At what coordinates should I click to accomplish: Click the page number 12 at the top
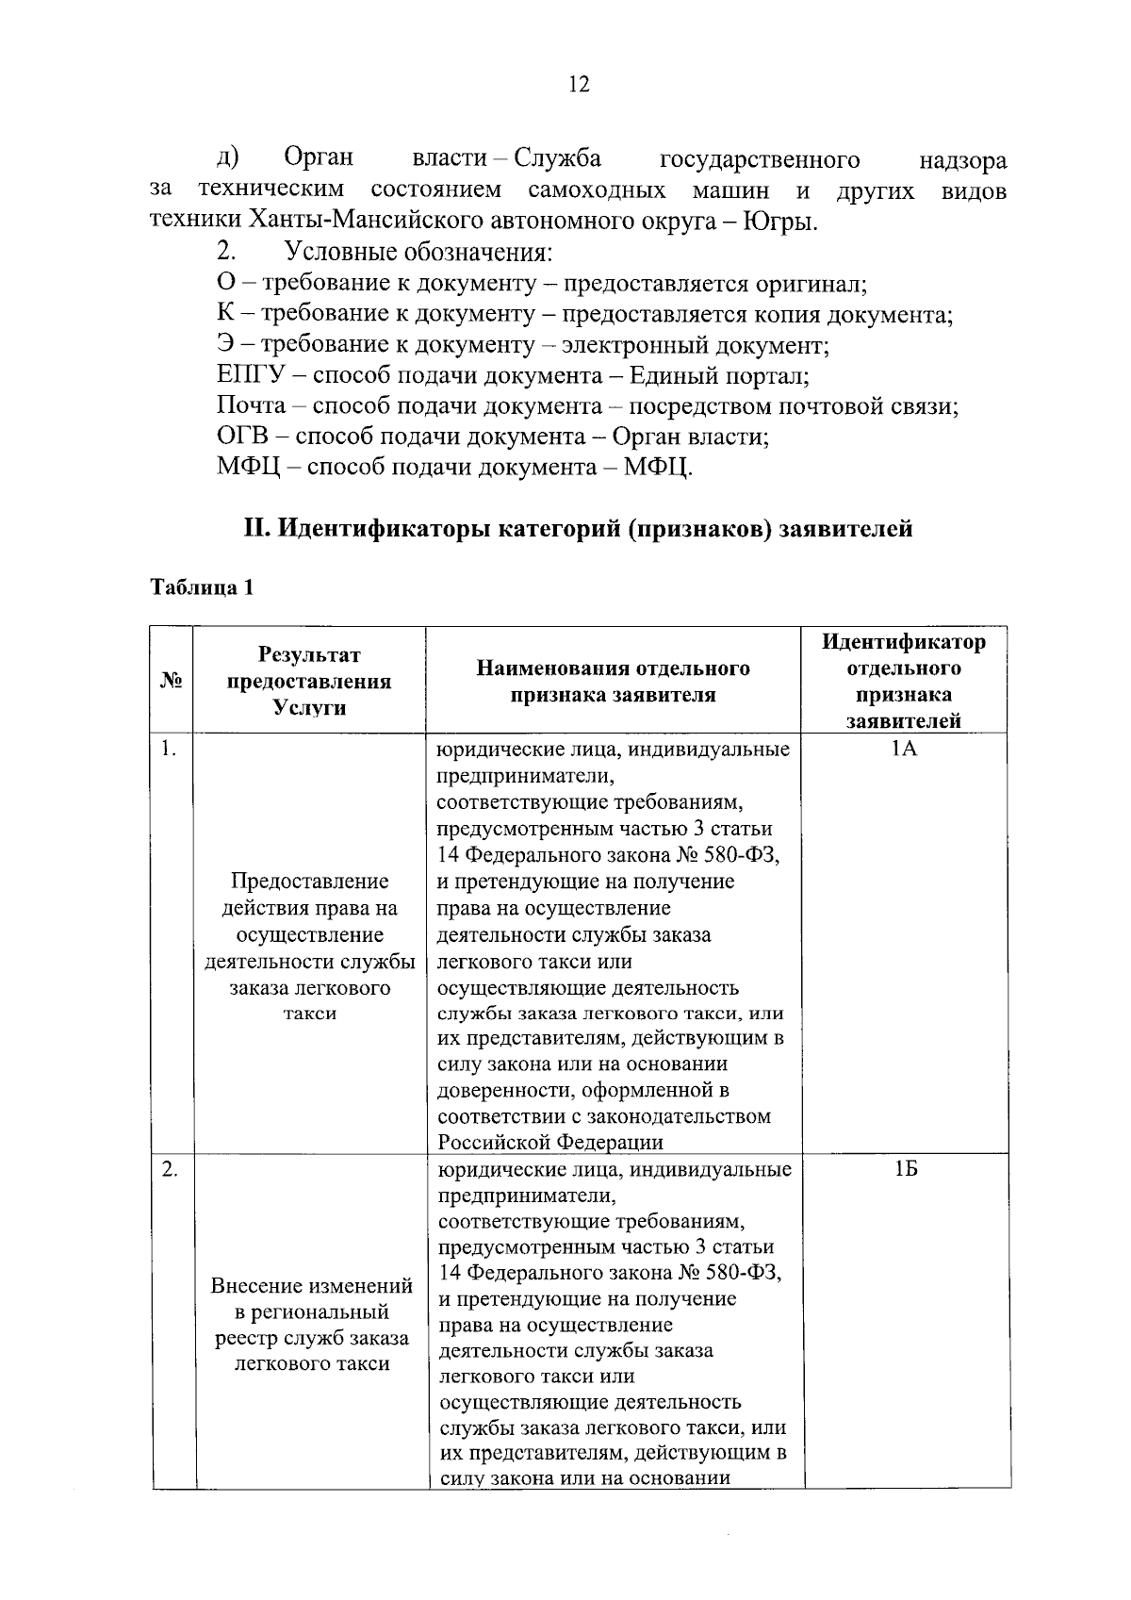(579, 86)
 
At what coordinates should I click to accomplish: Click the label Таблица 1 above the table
(203, 587)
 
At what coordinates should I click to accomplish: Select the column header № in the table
(172, 681)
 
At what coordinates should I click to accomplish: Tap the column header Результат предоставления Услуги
(309, 681)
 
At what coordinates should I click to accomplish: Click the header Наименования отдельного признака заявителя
(613, 682)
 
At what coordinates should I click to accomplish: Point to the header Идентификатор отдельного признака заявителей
(904, 681)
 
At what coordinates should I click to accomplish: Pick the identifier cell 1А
(904, 751)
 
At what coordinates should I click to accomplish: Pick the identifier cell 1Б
(906, 1170)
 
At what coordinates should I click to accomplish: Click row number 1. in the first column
(168, 750)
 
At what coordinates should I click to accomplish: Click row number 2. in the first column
(169, 1170)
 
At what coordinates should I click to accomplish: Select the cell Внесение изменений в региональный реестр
(311, 1325)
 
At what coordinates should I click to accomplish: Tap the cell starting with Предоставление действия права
(310, 948)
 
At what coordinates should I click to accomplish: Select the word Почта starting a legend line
(251, 406)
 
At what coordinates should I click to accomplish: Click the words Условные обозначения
(418, 253)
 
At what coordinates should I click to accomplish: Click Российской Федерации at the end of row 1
(549, 1143)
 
